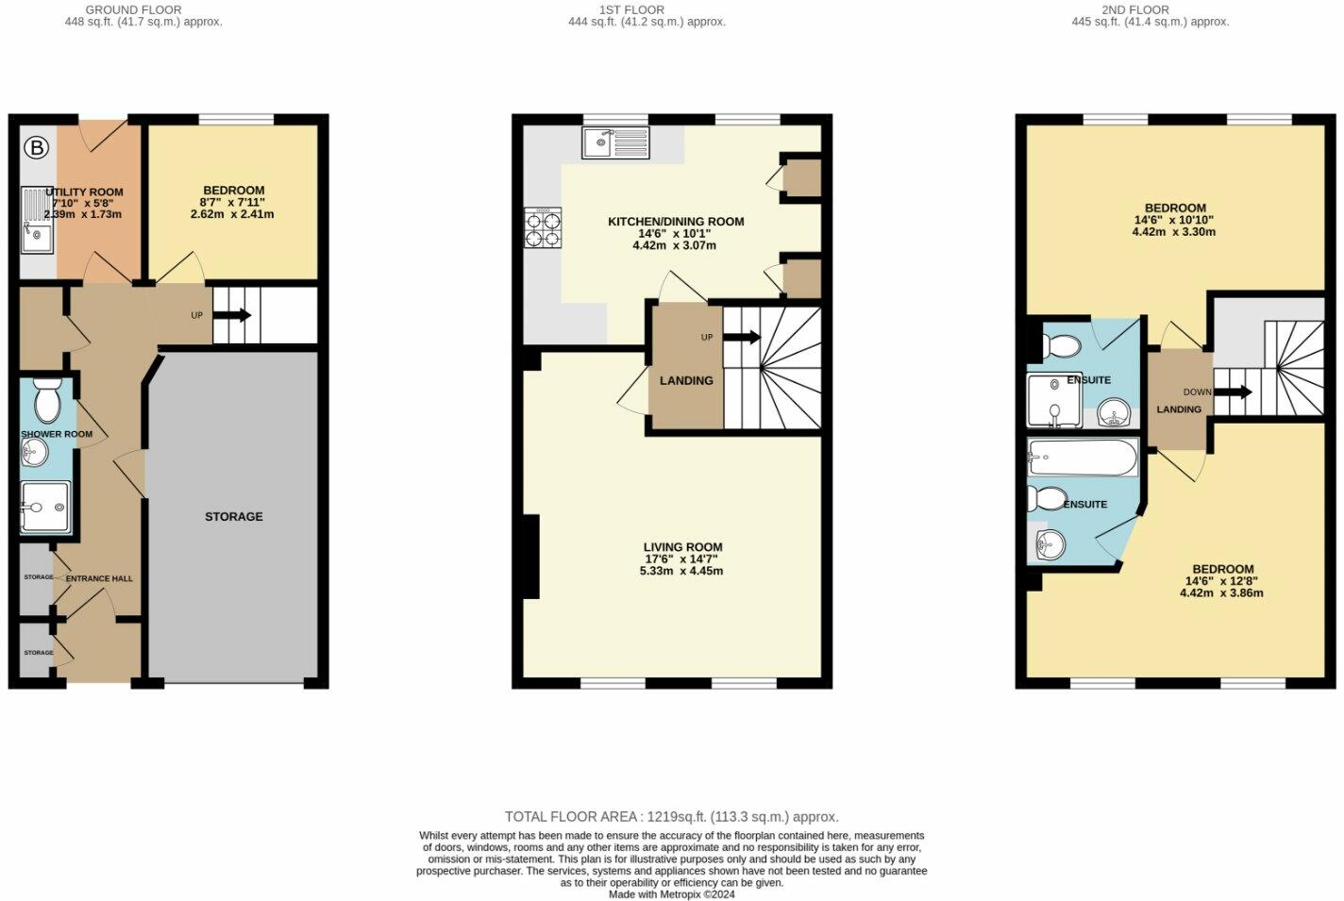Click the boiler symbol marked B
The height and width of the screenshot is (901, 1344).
[36, 147]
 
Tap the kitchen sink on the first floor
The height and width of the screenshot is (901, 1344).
[615, 142]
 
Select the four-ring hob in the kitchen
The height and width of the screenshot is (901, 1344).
[543, 227]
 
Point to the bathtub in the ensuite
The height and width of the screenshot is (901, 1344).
[1084, 458]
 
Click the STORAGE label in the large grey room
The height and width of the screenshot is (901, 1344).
[234, 517]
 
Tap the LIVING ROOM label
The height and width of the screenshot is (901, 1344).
[682, 547]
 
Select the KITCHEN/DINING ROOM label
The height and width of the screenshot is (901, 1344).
[676, 222]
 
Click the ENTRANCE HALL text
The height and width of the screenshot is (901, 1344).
[99, 578]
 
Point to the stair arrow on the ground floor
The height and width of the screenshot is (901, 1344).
[233, 315]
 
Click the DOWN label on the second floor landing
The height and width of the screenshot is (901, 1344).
[1197, 392]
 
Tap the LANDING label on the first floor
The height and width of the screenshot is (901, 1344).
[686, 381]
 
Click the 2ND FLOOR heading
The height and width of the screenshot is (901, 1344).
[1135, 9]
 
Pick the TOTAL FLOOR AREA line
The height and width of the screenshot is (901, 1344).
[671, 817]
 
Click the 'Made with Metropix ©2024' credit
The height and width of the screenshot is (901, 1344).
[671, 894]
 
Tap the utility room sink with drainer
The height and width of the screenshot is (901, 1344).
[36, 222]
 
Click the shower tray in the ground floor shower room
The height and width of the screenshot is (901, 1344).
[44, 508]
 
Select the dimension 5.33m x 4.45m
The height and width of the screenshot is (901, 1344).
[681, 571]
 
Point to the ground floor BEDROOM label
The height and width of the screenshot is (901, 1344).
[232, 191]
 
